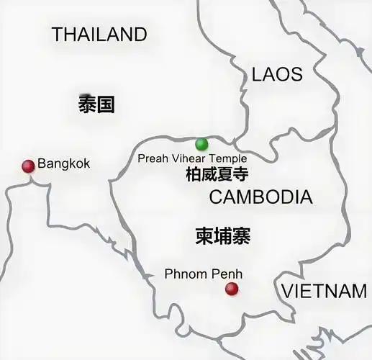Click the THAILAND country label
[x=99, y=34]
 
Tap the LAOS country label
[x=277, y=73]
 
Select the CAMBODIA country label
[x=260, y=197]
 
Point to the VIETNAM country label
[x=323, y=291]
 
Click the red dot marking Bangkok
[x=28, y=166]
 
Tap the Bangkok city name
[x=64, y=163]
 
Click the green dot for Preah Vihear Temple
[x=201, y=143]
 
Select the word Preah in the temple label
[x=152, y=158]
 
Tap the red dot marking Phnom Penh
[x=231, y=289]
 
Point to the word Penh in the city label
[x=224, y=274]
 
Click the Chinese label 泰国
[x=96, y=105]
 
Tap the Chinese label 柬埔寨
[x=222, y=236]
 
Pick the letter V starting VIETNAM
[x=286, y=291]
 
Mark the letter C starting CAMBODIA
[x=215, y=197]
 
